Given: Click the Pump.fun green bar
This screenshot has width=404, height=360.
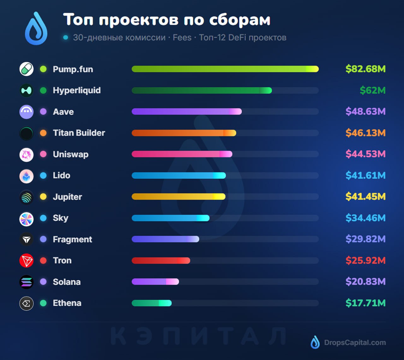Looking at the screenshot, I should pos(225,69).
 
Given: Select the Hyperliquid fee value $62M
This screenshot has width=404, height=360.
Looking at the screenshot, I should pos(372,90).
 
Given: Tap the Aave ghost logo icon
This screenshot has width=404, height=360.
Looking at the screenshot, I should pos(27,112).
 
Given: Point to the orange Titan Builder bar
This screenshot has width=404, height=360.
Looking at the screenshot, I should pos(184,133).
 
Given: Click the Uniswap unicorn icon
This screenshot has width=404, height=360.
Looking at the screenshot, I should pos(27,154).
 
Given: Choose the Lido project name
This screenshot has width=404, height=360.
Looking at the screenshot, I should pos(62,176).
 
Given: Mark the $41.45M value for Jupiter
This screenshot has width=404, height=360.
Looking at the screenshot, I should pos(365,197).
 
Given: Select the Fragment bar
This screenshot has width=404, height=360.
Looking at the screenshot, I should pos(165,239).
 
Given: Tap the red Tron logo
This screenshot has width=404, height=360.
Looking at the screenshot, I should pos(27,261).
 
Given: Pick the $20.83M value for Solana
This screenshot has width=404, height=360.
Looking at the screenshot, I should pos(365,282).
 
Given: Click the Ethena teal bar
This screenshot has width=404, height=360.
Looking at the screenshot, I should pos(151,303).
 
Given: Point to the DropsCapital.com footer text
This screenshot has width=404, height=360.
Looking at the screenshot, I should pos(355,343).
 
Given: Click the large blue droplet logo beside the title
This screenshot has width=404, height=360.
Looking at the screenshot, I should pos(36,29).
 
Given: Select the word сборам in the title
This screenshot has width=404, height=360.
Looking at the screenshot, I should pos(240,20).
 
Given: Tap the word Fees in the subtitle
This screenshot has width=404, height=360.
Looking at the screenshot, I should pos(182,38).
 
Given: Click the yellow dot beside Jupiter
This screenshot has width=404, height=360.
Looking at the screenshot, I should pos(43,197).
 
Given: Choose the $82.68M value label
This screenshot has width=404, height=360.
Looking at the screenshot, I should pos(365,69).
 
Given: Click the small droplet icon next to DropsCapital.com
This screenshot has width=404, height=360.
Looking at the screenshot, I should pos(315,342).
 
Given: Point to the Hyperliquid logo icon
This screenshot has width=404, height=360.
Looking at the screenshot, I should pos(27,90).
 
